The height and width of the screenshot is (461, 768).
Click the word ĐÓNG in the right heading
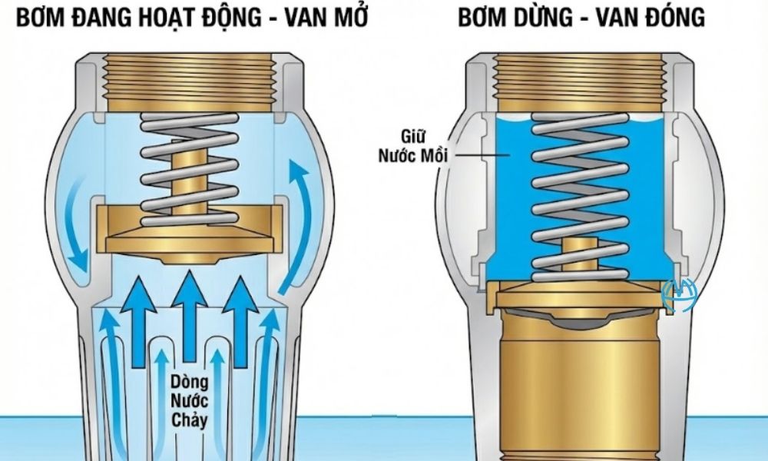[672, 18]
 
